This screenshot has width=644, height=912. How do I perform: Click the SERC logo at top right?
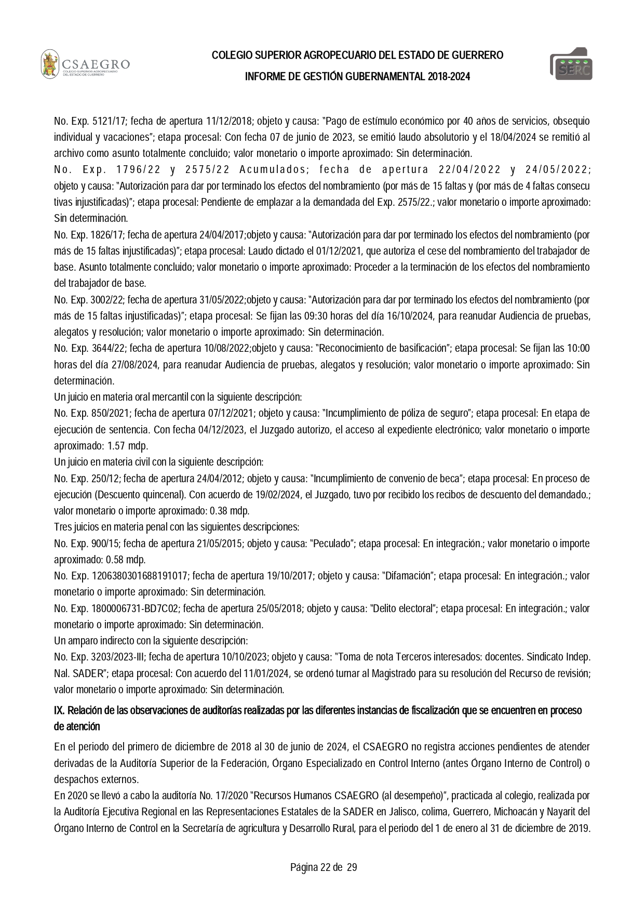(x=571, y=64)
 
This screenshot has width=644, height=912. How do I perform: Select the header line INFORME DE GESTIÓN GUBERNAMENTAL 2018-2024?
(x=357, y=76)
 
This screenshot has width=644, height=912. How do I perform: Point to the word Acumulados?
(x=273, y=170)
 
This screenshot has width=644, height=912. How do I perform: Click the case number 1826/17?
(x=105, y=235)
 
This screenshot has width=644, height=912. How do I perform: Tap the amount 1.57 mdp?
(x=127, y=446)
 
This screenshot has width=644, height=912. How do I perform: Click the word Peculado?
(x=332, y=544)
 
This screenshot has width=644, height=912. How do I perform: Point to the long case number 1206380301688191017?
(x=140, y=576)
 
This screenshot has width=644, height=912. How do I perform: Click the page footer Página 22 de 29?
(x=324, y=867)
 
